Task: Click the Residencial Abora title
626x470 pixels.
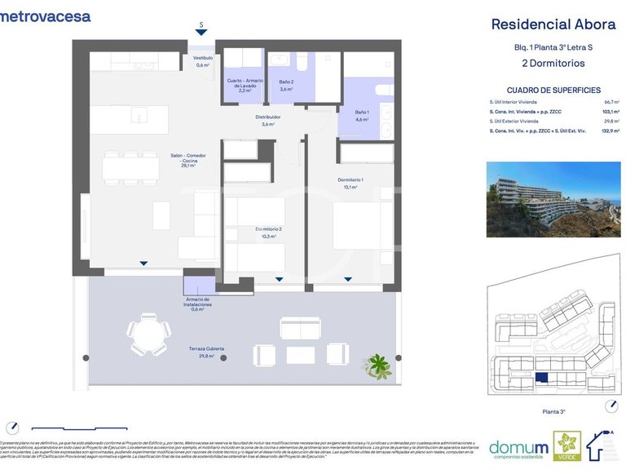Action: [553, 24]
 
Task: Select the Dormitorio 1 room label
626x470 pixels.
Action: [350, 183]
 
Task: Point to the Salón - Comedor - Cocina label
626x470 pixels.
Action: [187, 160]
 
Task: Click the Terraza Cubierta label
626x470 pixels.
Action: [206, 352]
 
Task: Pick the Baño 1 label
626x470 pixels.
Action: [362, 115]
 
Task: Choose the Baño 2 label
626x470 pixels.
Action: [286, 85]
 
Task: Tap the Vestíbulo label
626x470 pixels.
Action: [202, 61]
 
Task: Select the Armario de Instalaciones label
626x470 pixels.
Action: [198, 304]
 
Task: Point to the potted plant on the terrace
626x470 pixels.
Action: [377, 363]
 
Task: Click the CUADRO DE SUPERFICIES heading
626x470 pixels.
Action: [553, 90]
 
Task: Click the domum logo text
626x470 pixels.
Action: [518, 446]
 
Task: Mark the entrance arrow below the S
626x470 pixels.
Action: [201, 32]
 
